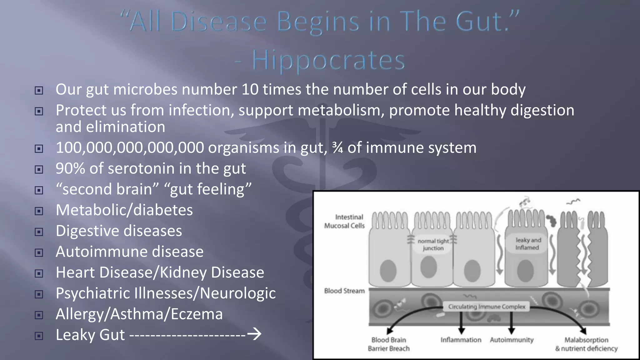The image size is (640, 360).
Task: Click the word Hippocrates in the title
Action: [328, 60]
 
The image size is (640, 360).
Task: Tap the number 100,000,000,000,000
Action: [130, 148]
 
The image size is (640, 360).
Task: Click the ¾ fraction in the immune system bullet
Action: [337, 148]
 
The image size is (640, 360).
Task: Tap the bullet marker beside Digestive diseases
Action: [39, 232]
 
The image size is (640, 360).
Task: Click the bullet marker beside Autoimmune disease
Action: [39, 252]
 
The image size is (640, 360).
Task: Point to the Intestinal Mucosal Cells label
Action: [345, 221]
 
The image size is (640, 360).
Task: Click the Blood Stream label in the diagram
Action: [344, 291]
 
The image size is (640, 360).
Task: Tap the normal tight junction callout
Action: [433, 244]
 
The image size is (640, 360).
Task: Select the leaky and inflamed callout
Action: [528, 244]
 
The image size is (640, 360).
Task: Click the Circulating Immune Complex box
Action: [487, 307]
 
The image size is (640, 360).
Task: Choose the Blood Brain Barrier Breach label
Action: [388, 344]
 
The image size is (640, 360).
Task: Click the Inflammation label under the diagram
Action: [461, 340]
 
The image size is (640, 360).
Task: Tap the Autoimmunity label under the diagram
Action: [512, 340]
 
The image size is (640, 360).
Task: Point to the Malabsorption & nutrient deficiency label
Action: [586, 344]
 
